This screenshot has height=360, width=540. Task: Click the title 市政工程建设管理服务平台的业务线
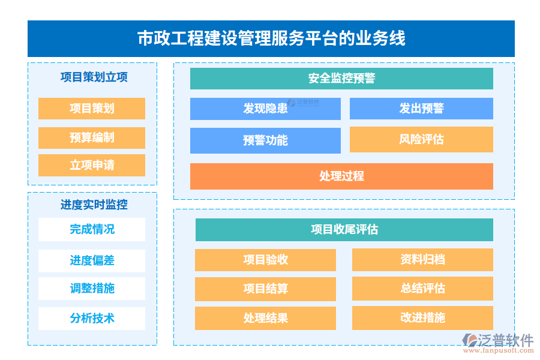(x=271, y=38)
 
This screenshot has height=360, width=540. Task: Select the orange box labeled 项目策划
(x=92, y=109)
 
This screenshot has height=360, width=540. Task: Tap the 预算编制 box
(x=92, y=138)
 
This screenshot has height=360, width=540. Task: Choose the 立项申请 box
(x=92, y=165)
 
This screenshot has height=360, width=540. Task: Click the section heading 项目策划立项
(x=94, y=77)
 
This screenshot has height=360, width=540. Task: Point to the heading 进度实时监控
(x=94, y=205)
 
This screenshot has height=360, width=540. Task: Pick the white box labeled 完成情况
(x=92, y=229)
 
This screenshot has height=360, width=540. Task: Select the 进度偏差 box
(x=92, y=260)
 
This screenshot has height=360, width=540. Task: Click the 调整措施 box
(x=92, y=288)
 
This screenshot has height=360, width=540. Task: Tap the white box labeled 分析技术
(x=92, y=318)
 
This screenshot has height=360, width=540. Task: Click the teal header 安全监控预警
(x=341, y=79)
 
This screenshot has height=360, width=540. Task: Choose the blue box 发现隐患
(x=265, y=109)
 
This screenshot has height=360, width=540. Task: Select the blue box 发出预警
(x=421, y=109)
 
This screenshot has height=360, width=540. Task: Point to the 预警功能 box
(x=265, y=140)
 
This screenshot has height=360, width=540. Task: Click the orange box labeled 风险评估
(x=421, y=139)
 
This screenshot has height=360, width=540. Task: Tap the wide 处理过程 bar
(x=341, y=176)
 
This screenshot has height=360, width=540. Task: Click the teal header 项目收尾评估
(x=344, y=230)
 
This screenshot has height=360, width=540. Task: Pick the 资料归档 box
(x=422, y=260)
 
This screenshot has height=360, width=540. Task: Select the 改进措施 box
(x=422, y=318)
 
